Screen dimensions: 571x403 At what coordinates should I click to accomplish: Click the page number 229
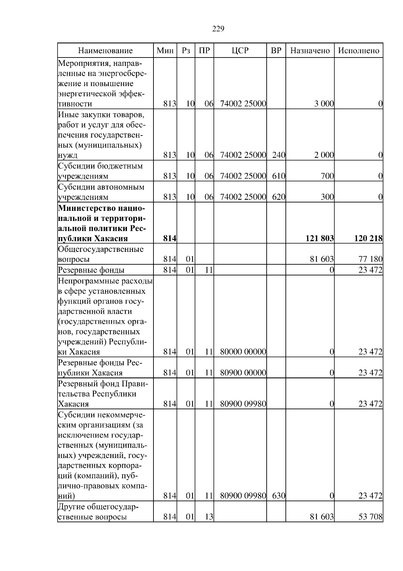pos(218,29)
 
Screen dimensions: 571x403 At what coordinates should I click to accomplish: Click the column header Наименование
pos(105,50)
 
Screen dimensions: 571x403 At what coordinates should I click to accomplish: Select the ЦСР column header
pos(240,50)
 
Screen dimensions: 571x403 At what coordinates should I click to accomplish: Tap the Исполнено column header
pos(358,50)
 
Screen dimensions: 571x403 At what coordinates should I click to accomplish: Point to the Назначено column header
pos(310,50)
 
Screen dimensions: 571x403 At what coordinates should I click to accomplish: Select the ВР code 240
pos(278,155)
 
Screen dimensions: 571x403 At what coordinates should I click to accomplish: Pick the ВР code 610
pos(278,176)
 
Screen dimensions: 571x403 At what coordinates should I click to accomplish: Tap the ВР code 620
pos(278,197)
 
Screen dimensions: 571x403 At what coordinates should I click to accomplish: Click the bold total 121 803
pos(319,239)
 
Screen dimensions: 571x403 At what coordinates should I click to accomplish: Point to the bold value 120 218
pos(368,239)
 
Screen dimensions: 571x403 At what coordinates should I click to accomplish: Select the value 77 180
pos(370,260)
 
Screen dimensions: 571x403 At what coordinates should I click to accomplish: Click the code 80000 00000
pos(243,352)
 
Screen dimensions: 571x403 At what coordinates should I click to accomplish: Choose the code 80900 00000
pos(243,373)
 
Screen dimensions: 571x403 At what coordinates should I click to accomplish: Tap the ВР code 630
pos(278,496)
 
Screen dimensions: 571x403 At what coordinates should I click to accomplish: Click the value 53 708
pos(370,517)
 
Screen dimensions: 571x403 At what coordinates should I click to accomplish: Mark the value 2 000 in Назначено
pos(324,155)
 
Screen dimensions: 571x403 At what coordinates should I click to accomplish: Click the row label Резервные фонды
pos(91,270)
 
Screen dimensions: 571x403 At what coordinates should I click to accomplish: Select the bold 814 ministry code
pos(170,239)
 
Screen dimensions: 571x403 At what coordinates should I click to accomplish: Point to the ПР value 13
pos(209,517)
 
